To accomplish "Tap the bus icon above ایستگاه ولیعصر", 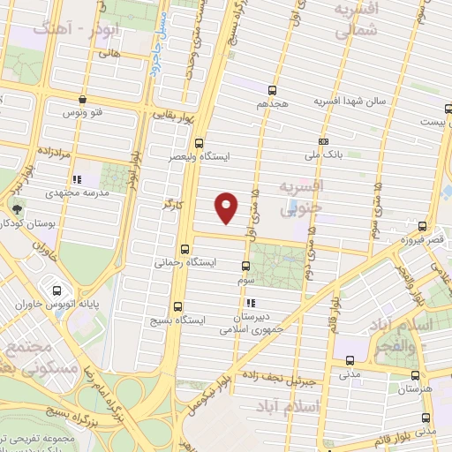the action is pyautogui.click(x=199, y=142).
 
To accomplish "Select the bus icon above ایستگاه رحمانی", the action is pyautogui.click(x=185, y=249).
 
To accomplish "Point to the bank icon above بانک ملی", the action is pyautogui.click(x=324, y=141).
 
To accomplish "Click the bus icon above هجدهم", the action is pyautogui.click(x=271, y=90).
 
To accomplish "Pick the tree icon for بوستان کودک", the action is pyautogui.click(x=18, y=210).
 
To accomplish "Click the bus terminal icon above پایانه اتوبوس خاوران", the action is pyautogui.click(x=57, y=289).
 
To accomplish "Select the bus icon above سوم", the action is pyautogui.click(x=246, y=266).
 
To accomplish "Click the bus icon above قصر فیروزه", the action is pyautogui.click(x=423, y=227).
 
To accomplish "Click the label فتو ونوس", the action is pyautogui.click(x=83, y=113).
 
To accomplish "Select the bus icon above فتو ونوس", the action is pyautogui.click(x=82, y=100).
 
